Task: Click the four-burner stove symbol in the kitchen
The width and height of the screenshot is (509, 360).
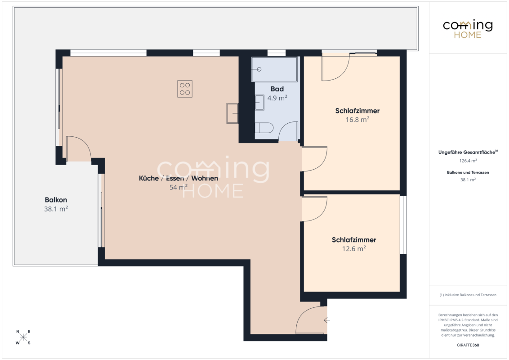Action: point(185,89)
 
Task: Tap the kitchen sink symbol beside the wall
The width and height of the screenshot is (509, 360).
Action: point(232,113)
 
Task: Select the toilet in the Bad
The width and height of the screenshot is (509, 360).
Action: point(264,128)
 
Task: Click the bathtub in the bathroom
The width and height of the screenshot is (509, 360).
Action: point(274,69)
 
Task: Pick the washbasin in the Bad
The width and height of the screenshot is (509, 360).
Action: point(259,102)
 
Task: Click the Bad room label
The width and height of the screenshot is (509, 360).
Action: point(277,89)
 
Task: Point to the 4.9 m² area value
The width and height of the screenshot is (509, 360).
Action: point(277,98)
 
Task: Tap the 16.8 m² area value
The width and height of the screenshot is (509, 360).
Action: point(357,120)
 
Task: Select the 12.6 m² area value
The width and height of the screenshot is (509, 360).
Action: point(354,248)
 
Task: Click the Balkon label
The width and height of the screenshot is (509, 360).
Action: point(56,200)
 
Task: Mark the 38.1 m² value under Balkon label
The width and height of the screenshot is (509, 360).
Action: point(56,209)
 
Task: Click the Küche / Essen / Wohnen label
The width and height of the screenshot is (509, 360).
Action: point(178,178)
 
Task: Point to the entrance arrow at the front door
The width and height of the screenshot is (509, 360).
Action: point(327,320)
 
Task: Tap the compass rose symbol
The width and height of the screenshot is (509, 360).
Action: point(23,337)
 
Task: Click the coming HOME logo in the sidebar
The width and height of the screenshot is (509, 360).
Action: point(468,29)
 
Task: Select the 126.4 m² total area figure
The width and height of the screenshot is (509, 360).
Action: point(468,161)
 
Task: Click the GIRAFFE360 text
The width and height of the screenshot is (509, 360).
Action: point(468,345)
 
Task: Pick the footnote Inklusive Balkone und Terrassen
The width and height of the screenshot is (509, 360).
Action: point(468,295)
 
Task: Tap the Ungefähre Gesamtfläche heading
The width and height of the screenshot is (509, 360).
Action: point(468,152)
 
